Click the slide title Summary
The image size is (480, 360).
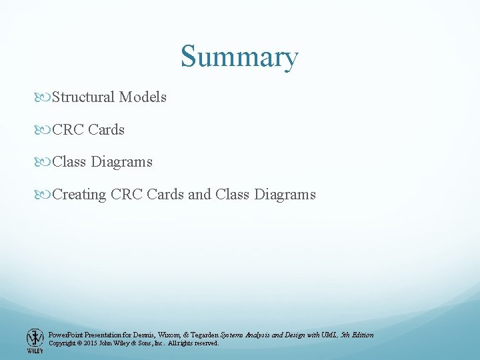(239, 57)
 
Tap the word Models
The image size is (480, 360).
(143, 97)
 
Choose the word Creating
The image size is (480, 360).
(79, 195)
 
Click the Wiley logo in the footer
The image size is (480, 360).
(35, 340)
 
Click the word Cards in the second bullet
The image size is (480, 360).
(106, 129)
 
